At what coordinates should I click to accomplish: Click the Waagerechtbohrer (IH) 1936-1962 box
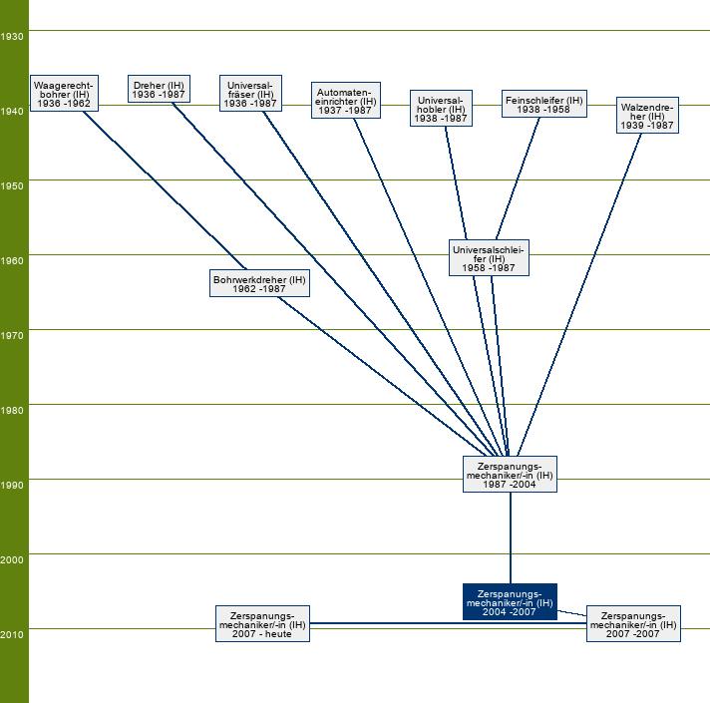[x=65, y=93]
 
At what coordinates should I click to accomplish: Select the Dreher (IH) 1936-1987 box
[x=159, y=89]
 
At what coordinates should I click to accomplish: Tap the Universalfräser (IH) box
[x=249, y=94]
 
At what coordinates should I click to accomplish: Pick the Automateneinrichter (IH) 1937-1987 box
[x=346, y=100]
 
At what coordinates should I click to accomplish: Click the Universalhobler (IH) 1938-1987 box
[x=439, y=108]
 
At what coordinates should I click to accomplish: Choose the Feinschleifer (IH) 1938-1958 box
[x=543, y=105]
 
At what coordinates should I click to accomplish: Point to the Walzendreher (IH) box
[x=647, y=116]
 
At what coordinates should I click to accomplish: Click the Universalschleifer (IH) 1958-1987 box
[x=489, y=257]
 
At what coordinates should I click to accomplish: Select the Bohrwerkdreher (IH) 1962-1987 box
[x=259, y=284]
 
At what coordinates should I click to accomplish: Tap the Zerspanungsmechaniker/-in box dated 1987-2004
[x=510, y=475]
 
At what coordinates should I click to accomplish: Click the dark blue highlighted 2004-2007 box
[x=510, y=602]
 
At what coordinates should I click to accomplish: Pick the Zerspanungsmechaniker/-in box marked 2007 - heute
[x=262, y=624]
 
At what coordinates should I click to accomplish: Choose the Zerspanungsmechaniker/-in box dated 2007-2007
[x=633, y=624]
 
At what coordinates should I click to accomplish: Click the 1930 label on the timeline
[x=13, y=36]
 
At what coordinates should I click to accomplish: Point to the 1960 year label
[x=13, y=261]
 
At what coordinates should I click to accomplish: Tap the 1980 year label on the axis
[x=13, y=411]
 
